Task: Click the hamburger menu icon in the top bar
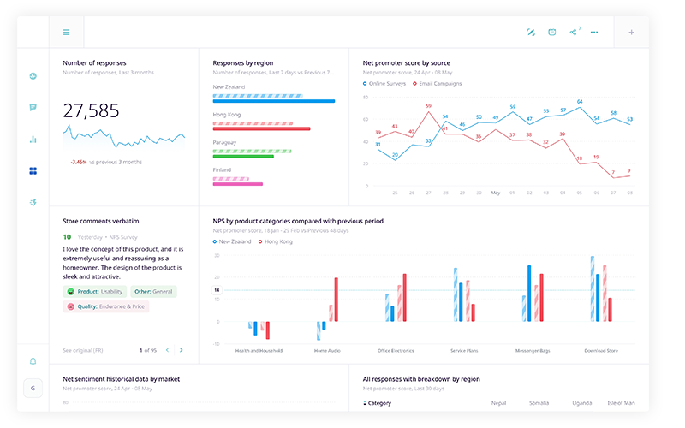pos(66,33)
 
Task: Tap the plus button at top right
pos(631,33)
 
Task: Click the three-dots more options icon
pos(594,33)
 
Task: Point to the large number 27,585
pos(91,110)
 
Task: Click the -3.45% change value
pos(79,162)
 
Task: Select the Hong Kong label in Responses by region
pos(227,115)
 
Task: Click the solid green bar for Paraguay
pos(250,156)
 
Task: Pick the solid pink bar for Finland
pos(237,183)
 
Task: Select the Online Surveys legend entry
pos(386,84)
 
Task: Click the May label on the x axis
pos(496,193)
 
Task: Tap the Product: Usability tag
pos(94,291)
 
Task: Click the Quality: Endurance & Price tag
pos(105,306)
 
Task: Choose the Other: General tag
pos(154,291)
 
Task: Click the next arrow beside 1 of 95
pos(181,350)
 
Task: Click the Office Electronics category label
pos(396,350)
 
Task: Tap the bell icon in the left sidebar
pos(33,361)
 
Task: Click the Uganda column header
pos(581,402)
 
